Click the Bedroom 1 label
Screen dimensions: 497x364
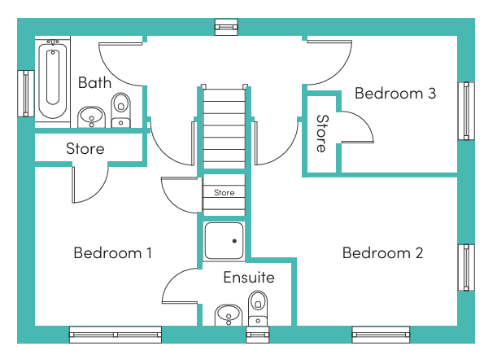click(112, 253)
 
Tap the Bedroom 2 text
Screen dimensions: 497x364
click(382, 253)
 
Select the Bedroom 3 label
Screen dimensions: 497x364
click(395, 94)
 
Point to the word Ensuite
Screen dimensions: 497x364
click(249, 277)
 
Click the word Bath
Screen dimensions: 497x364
click(94, 82)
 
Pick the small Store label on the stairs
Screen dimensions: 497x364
click(224, 193)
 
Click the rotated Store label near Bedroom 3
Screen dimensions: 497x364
click(322, 134)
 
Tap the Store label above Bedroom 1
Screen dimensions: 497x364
click(85, 148)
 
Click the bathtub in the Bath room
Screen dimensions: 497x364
click(53, 81)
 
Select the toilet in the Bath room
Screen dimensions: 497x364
click(120, 110)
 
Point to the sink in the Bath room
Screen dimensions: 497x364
click(92, 117)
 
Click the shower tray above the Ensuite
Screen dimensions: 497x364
click(224, 241)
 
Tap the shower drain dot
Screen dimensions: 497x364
click(234, 241)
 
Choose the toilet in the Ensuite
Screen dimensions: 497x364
click(258, 308)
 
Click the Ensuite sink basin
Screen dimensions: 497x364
click(229, 315)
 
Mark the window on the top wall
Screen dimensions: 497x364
click(226, 27)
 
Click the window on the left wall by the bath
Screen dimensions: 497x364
click(26, 94)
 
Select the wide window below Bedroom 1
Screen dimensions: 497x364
click(116, 335)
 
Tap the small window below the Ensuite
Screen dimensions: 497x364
click(258, 335)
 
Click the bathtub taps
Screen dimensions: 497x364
click(53, 42)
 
